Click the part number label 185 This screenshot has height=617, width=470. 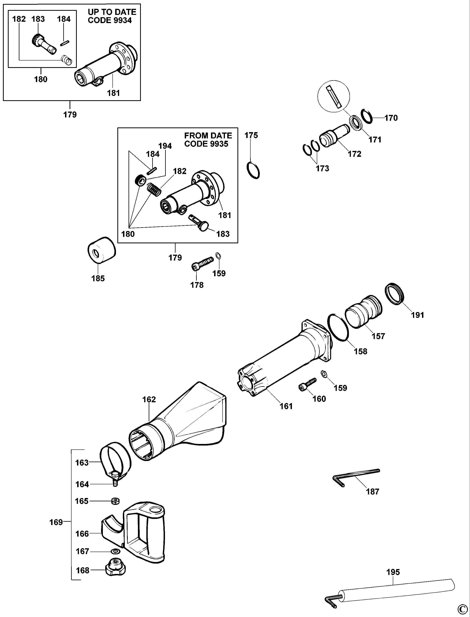click(x=98, y=278)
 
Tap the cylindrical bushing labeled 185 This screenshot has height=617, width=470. click(x=101, y=250)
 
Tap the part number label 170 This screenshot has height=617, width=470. click(x=391, y=118)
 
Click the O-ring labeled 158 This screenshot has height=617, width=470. click(x=338, y=327)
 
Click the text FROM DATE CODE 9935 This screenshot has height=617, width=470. click(x=208, y=140)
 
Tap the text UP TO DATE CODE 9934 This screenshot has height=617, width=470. click(x=112, y=16)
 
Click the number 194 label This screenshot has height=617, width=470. click(x=165, y=146)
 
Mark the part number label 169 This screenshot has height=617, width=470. click(x=56, y=522)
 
